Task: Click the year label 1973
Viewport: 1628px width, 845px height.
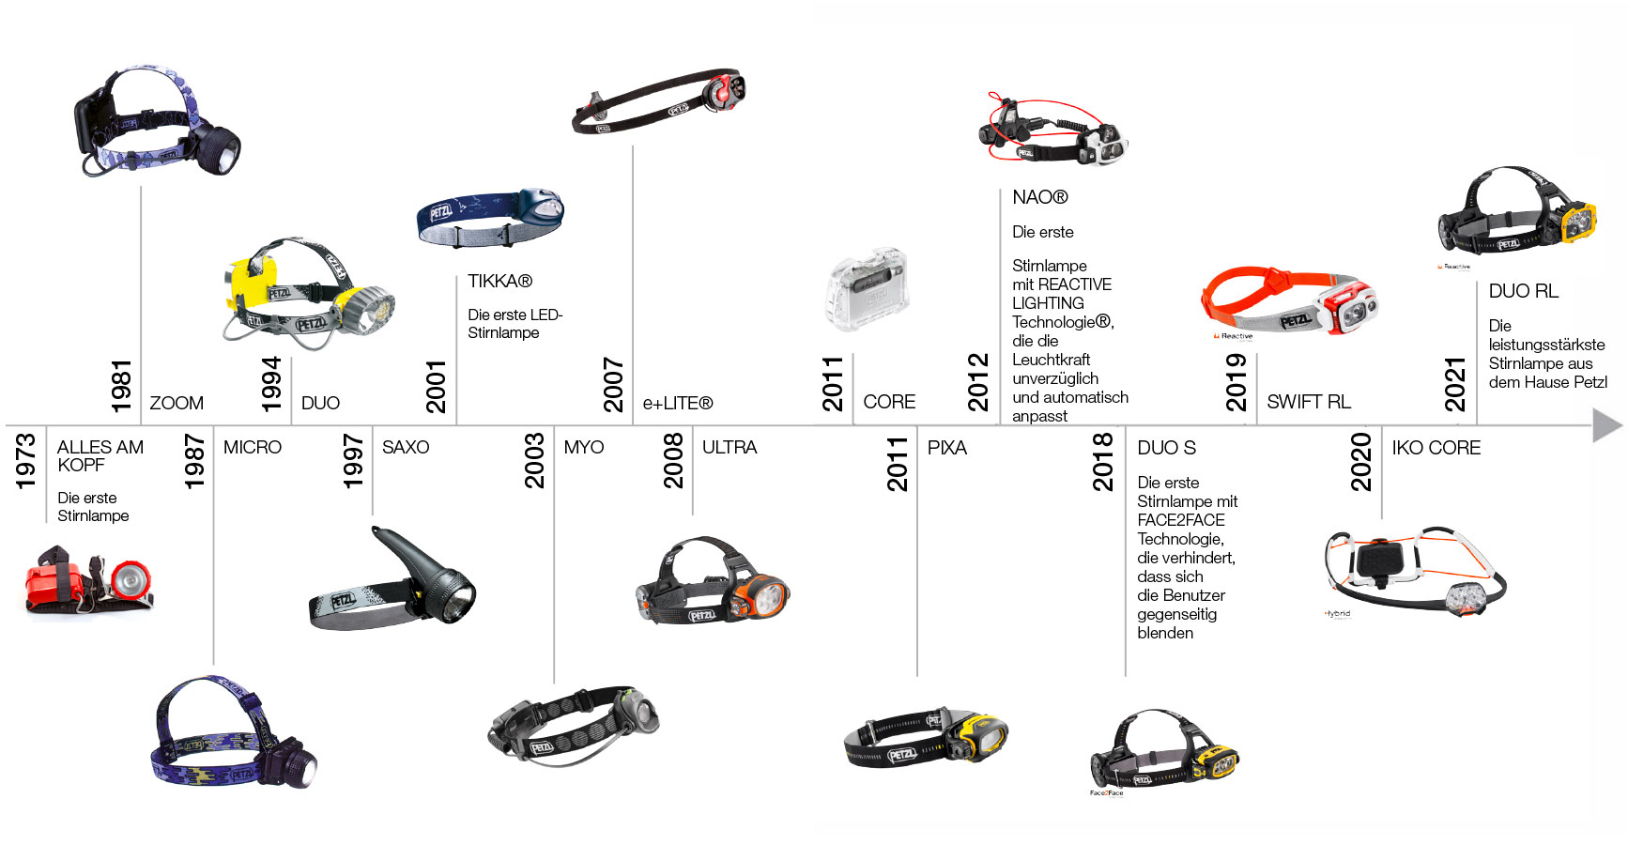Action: [25, 460]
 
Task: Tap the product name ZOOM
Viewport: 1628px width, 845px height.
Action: [177, 403]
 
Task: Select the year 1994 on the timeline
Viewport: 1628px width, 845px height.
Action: [271, 384]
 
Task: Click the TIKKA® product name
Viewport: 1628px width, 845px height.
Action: [499, 281]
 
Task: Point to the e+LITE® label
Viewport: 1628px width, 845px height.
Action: [677, 403]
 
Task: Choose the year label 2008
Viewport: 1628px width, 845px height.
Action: [673, 460]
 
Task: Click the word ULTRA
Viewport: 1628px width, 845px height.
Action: [730, 447]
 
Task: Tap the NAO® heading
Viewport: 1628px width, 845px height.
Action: [1039, 197]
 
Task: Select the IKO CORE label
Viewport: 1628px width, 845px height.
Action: [1436, 448]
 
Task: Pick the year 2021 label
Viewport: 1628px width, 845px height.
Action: [1454, 384]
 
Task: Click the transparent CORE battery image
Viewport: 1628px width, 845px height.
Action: [868, 289]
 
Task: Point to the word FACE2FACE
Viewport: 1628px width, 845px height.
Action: [1180, 520]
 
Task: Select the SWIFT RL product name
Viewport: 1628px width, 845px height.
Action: [1308, 402]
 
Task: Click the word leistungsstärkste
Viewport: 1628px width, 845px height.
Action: [1546, 345]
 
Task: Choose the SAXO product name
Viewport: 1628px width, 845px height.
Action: [406, 447]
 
